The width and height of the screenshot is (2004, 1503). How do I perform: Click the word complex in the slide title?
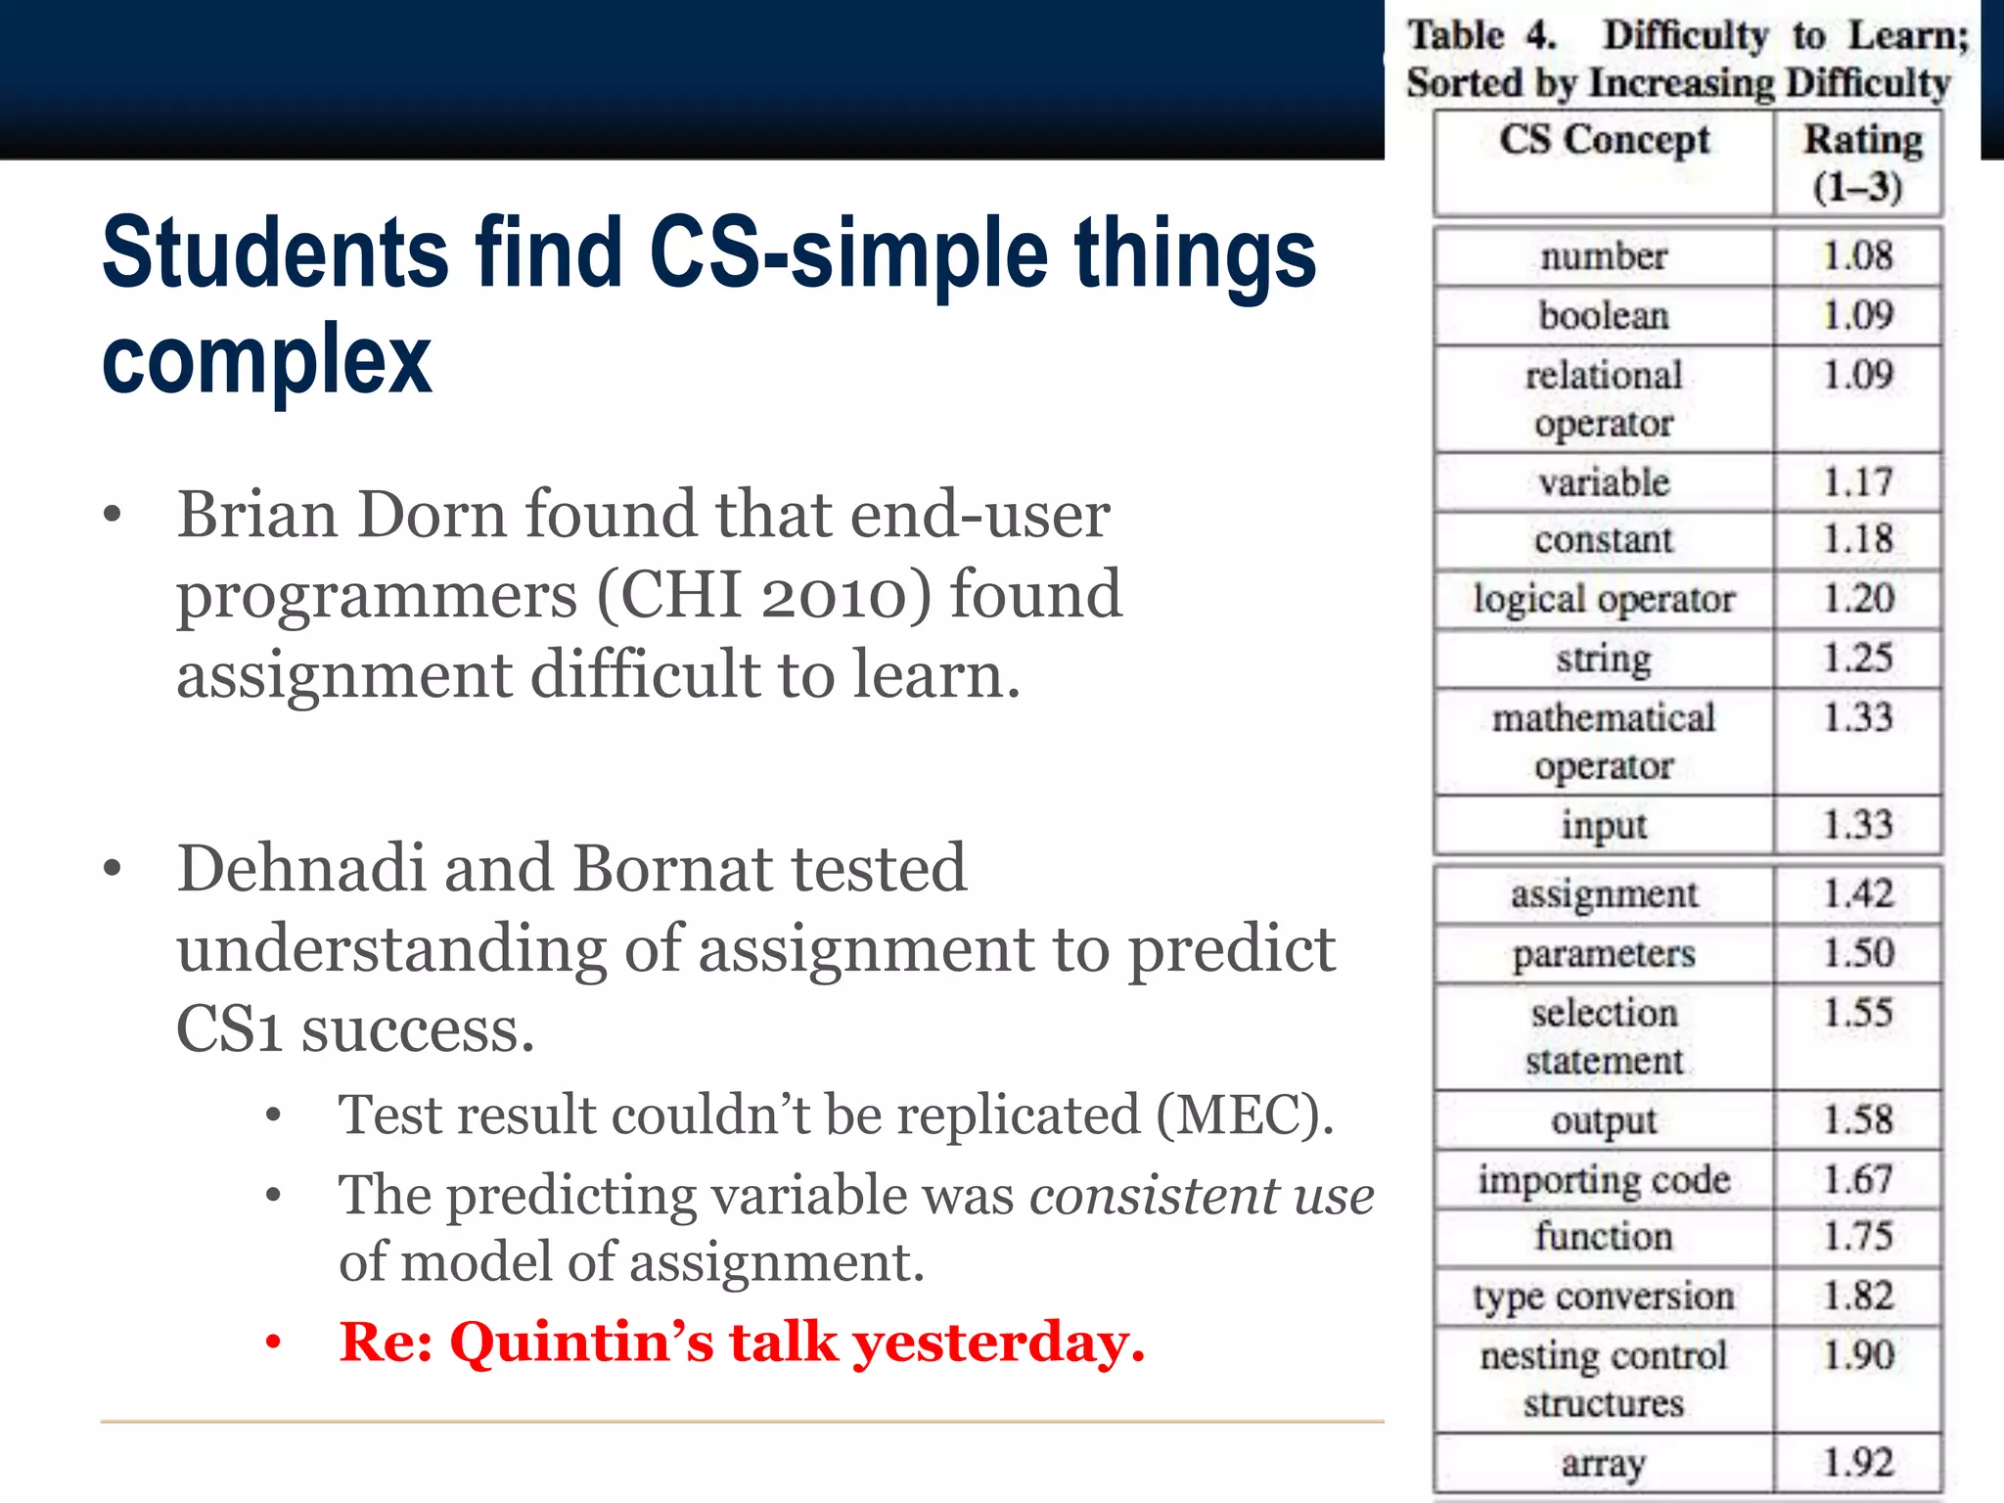point(266,360)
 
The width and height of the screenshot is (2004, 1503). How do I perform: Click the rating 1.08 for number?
point(1857,256)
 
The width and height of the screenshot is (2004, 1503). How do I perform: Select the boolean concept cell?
point(1604,316)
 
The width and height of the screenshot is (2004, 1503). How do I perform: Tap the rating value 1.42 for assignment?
point(1857,893)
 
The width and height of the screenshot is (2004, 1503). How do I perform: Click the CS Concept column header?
point(1604,139)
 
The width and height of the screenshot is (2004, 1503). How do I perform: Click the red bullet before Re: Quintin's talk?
point(273,1343)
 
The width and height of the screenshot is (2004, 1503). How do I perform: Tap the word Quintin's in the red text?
point(581,1342)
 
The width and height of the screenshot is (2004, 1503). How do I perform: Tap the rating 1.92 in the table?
point(1857,1463)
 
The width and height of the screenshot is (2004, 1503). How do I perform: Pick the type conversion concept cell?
point(1604,1297)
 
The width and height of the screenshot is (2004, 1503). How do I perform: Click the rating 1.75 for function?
point(1857,1236)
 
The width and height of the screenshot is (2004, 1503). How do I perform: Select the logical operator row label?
point(1604,599)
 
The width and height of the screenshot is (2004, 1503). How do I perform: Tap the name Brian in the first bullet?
point(258,515)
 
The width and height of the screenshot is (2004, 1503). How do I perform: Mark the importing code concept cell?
point(1604,1179)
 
